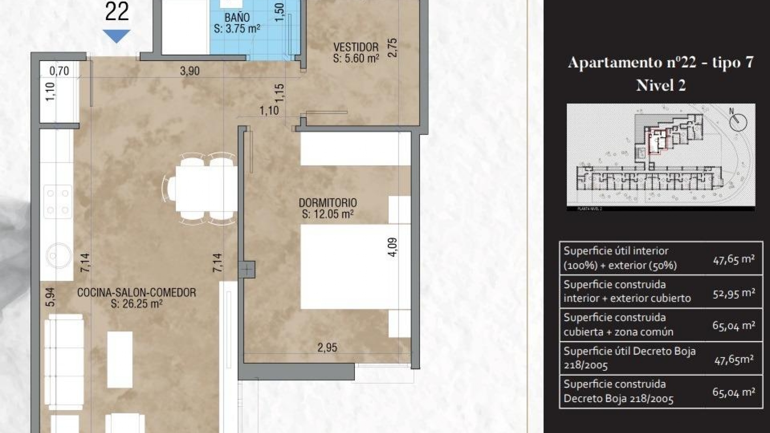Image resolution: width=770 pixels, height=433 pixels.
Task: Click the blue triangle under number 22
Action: coord(117,36)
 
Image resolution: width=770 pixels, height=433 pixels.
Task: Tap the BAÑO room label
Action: coord(237,18)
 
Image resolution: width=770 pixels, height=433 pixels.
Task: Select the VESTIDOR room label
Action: coord(356,47)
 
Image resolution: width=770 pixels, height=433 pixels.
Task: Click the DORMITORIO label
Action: coord(328,203)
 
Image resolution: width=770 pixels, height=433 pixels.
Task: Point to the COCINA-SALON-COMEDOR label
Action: coord(136,293)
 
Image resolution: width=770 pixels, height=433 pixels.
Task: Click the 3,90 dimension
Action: coord(190,71)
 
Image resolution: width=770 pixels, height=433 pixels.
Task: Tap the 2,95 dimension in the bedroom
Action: coord(327,348)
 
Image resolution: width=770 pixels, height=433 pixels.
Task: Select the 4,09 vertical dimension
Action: coord(393,247)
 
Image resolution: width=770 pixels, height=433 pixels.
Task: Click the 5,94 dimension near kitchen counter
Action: coord(50,297)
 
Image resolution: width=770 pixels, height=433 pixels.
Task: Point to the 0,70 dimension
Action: coord(59,71)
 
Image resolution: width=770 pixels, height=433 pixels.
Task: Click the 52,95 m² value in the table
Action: coord(734,293)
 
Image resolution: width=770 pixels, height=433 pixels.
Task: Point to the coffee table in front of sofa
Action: coord(120,359)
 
